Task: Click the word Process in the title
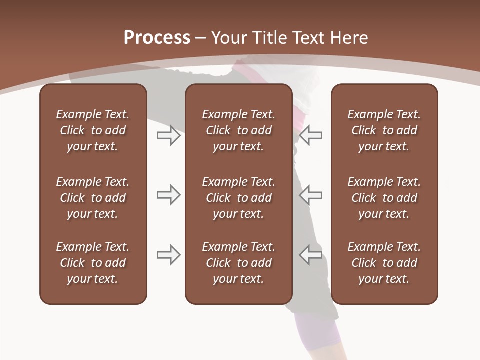[157, 38]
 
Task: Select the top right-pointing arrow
[168, 135]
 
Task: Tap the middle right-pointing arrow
[168, 195]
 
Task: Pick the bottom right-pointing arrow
[168, 255]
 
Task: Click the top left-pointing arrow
[311, 135]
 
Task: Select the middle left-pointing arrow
[311, 195]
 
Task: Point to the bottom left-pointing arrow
[311, 255]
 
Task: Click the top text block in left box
[93, 130]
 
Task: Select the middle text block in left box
[93, 198]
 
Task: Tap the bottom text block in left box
[93, 263]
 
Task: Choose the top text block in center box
[238, 130]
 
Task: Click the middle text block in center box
[238, 198]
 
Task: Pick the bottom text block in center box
[238, 263]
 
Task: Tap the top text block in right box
[384, 130]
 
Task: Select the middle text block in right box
[384, 198]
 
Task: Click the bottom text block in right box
[384, 263]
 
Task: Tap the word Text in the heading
[308, 38]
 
